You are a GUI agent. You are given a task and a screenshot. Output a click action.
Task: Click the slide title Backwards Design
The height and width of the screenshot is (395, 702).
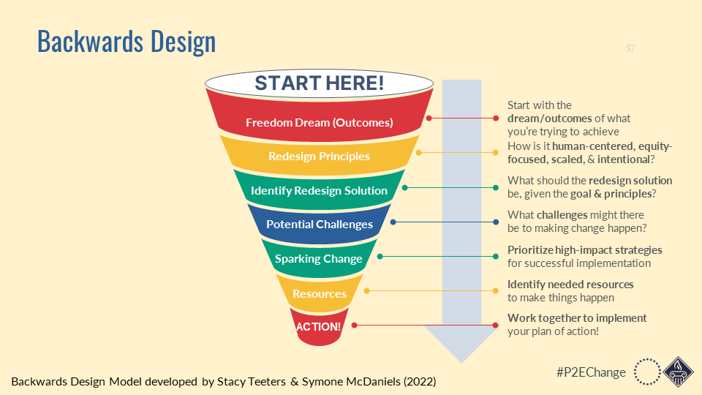coord(127,42)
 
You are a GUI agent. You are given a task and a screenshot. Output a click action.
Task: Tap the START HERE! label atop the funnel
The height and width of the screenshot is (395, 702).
coord(319,83)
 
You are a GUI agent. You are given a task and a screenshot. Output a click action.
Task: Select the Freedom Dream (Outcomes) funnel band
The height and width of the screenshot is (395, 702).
coord(319,122)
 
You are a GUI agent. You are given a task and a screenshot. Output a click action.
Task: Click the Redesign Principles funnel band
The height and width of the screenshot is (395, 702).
coord(319,156)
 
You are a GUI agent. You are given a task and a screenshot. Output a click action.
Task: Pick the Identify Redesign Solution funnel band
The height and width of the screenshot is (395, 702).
coord(319,190)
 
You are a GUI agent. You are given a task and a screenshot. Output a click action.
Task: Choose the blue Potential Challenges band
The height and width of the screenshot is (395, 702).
coord(319,224)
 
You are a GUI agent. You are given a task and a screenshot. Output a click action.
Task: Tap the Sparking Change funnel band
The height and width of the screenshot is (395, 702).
coord(319,258)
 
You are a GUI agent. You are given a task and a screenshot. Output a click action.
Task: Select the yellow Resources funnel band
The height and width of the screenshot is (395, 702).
coord(319,293)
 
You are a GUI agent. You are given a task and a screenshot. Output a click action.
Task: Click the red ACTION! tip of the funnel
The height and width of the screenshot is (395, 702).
coord(318,326)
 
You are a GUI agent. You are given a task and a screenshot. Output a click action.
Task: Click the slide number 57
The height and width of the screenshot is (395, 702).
coord(630,48)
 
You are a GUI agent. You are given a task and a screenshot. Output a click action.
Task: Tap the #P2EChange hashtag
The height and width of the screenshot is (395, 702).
coord(591,372)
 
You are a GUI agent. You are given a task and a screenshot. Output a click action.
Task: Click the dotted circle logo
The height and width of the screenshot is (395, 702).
coord(646,371)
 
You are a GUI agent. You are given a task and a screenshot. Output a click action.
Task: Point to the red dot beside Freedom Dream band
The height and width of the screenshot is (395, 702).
coord(431,118)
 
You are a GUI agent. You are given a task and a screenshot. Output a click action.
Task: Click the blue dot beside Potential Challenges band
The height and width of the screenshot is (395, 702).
coord(393,222)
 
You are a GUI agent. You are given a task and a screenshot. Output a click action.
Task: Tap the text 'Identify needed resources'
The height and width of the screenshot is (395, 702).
coord(570,284)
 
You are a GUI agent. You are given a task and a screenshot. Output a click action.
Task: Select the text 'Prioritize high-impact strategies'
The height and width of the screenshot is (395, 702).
coord(584,249)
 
